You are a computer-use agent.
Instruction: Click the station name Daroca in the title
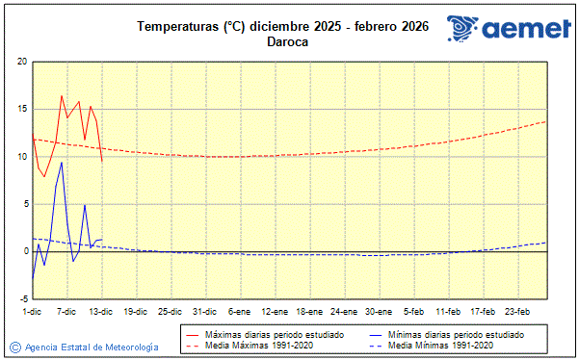288,41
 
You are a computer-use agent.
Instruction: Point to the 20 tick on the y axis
22,62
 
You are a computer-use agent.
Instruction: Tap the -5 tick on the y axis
22,298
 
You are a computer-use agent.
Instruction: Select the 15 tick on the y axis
22,109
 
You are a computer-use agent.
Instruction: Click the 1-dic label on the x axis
32,311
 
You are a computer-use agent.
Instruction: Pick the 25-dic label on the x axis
171,311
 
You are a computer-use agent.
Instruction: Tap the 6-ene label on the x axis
240,311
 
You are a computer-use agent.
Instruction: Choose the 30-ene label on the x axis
379,311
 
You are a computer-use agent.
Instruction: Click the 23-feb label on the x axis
518,311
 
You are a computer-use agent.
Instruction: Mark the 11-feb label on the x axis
449,311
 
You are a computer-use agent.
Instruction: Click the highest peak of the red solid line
62,95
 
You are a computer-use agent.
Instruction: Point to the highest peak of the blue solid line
62,162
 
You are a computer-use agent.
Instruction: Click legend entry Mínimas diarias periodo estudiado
454,334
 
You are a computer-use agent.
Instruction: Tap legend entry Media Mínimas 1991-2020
440,345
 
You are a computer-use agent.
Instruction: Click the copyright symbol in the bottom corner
14,347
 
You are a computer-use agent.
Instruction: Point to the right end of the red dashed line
546,121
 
